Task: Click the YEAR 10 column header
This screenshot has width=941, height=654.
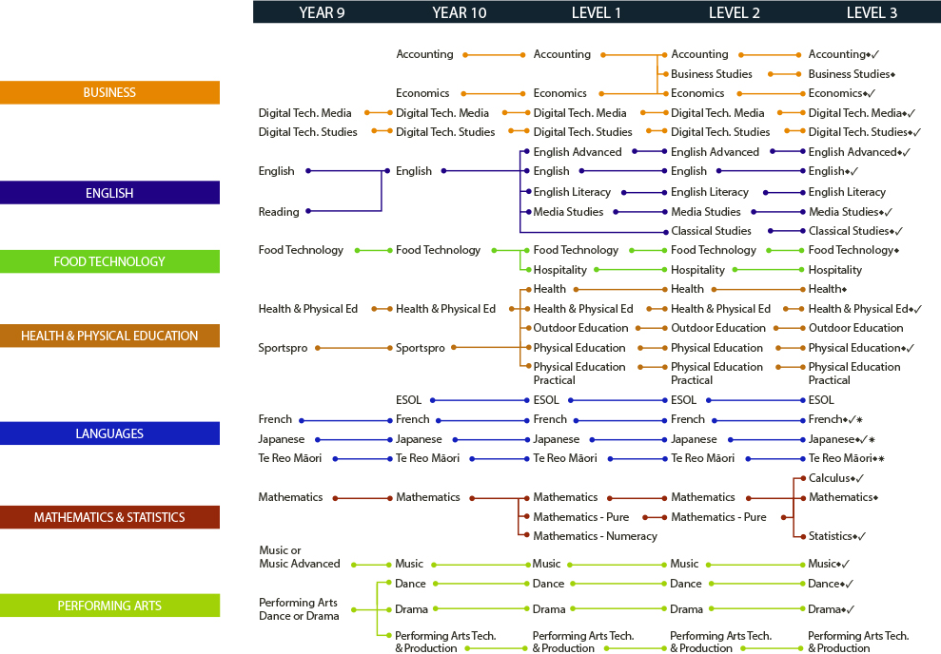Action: (460, 12)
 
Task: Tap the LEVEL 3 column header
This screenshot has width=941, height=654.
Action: (872, 12)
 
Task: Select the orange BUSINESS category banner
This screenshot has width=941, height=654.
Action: (109, 92)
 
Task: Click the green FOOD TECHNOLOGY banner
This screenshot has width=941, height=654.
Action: (109, 261)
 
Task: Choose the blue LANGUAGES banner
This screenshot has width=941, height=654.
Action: (109, 433)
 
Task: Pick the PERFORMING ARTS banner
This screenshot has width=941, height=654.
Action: (109, 606)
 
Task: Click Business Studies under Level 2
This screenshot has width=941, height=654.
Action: (711, 74)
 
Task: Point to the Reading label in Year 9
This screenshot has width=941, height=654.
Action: (279, 212)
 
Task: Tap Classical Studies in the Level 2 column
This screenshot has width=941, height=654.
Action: (711, 231)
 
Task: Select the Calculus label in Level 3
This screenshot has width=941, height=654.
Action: (829, 478)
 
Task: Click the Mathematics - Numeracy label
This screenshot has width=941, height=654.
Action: (596, 536)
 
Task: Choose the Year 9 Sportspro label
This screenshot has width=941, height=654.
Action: (283, 348)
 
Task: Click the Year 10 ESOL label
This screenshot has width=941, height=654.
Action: (409, 400)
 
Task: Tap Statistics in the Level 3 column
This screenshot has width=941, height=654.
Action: (830, 536)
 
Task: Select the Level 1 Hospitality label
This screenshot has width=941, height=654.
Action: (559, 270)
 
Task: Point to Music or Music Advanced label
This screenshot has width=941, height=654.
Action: (300, 557)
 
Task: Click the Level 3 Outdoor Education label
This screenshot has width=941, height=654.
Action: (855, 328)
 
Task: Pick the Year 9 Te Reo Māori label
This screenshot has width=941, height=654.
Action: (290, 458)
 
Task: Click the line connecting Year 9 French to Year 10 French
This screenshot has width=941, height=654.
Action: (346, 421)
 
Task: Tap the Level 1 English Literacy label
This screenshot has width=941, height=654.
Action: (572, 192)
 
